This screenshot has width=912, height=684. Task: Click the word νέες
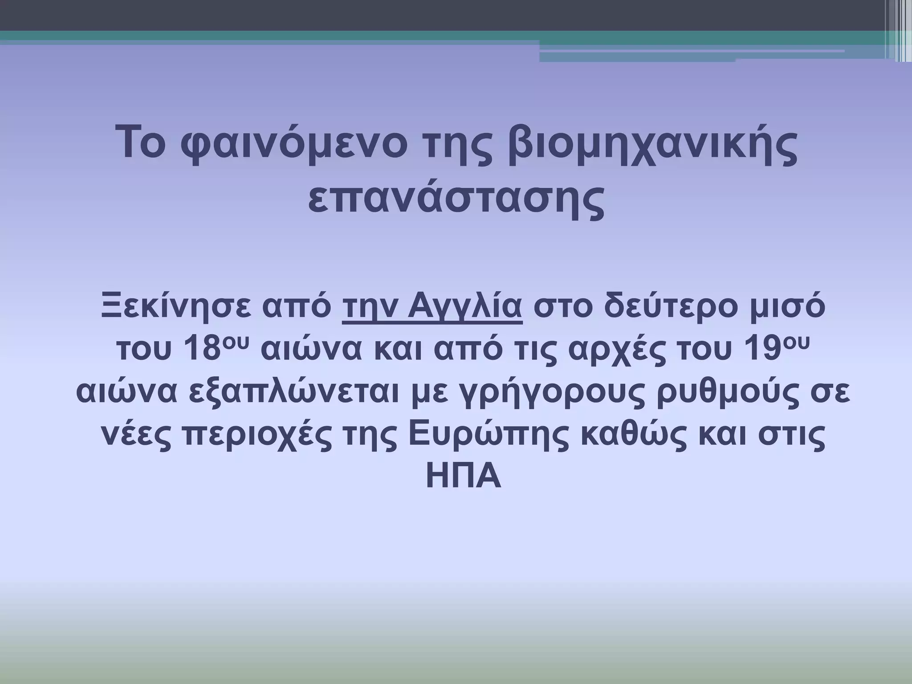(136, 436)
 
